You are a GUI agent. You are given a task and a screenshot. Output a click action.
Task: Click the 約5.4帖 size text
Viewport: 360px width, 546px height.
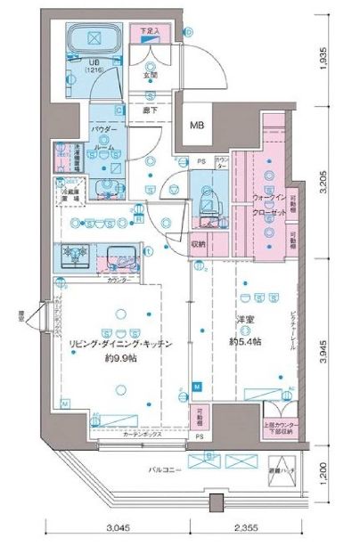[244, 342]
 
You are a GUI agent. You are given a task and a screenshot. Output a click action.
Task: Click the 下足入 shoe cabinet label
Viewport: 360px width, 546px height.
[151, 31]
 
